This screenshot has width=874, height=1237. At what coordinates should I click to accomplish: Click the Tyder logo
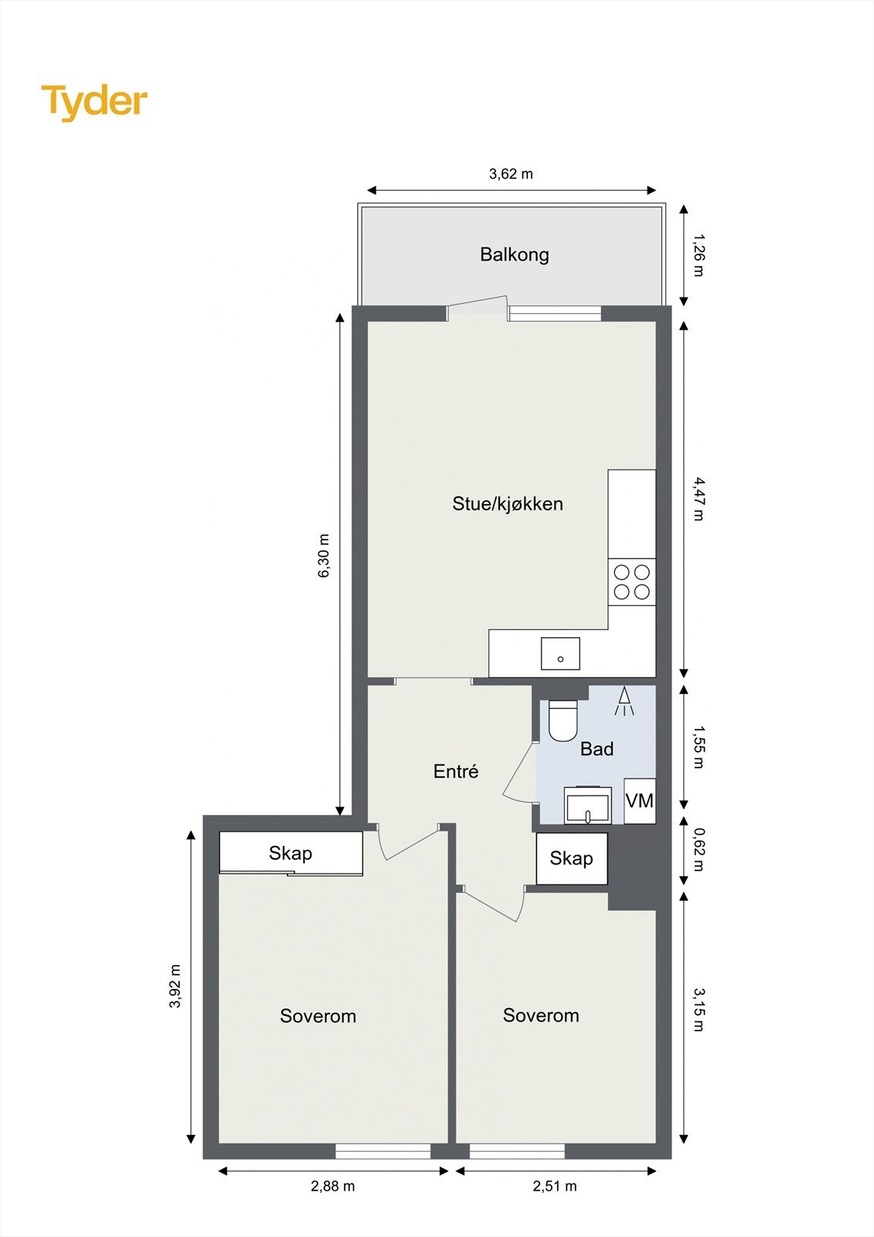coord(94,101)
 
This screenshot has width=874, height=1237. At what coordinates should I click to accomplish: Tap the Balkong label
coord(514,254)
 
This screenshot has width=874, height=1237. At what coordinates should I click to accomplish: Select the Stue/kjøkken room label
coord(507,504)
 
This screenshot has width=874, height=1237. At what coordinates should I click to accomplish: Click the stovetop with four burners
coord(631,582)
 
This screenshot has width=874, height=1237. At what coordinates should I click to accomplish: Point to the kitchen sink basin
coord(560,653)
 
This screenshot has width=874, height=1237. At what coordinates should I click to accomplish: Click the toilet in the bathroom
coord(563,720)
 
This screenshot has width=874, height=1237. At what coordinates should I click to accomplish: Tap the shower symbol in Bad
coord(624,701)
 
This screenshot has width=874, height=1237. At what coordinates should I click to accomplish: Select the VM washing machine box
coord(640,801)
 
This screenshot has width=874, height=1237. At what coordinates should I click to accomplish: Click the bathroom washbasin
coord(587,806)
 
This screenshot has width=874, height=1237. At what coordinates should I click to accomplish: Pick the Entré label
coord(456,772)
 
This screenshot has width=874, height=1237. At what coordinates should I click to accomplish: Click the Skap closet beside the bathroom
coord(572,858)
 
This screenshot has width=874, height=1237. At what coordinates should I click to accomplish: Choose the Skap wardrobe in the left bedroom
coord(291,854)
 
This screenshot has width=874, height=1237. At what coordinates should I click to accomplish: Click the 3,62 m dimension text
coord(511,174)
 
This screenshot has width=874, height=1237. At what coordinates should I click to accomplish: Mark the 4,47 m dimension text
coord(698,499)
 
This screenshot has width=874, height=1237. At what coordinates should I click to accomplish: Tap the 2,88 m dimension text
coord(333,1186)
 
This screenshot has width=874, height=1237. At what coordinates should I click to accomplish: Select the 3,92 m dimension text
coord(175,987)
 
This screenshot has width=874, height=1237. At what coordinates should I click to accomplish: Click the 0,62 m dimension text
coord(698,850)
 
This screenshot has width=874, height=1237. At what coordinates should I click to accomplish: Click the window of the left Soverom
coord(383,1151)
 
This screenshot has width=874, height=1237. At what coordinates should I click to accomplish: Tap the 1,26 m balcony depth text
coord(698,255)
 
